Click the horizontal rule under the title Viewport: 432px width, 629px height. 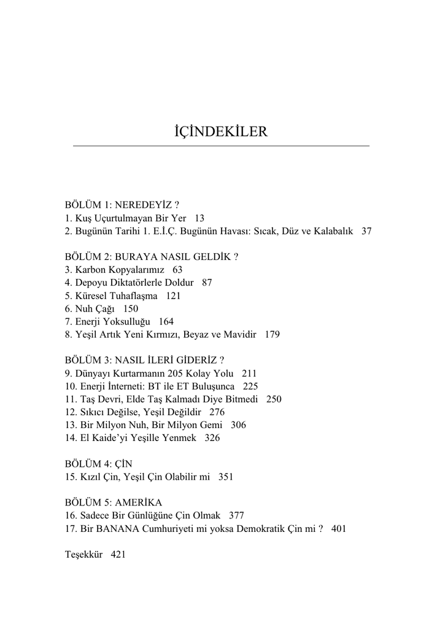[221, 146]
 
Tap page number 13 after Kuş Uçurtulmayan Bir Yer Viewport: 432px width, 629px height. [199, 218]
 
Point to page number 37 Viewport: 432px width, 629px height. [366, 232]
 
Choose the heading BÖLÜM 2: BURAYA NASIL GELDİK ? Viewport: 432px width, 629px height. [151, 256]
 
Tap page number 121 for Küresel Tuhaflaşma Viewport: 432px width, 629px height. [173, 295]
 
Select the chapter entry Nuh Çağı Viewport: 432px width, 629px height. [94, 308]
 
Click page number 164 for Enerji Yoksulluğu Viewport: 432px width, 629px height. [166, 321]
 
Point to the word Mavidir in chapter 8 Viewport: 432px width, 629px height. [240, 335]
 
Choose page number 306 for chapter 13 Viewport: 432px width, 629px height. [239, 425]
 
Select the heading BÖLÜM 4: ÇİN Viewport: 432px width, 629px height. [98, 463]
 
